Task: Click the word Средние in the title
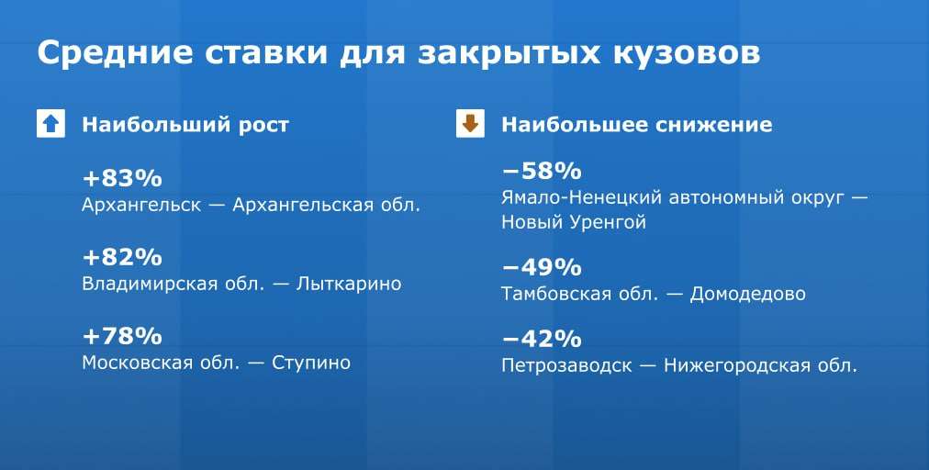pyautogui.click(x=116, y=53)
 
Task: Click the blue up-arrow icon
pyautogui.click(x=51, y=124)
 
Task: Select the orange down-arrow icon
pyautogui.click(x=470, y=123)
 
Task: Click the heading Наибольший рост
pyautogui.click(x=185, y=125)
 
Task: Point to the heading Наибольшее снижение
pyautogui.click(x=637, y=125)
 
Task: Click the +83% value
pyautogui.click(x=122, y=178)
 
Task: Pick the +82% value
pyautogui.click(x=122, y=257)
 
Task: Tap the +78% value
pyautogui.click(x=122, y=336)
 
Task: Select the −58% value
pyautogui.click(x=543, y=172)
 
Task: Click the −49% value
pyautogui.click(x=543, y=267)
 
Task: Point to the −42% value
pyautogui.click(x=543, y=339)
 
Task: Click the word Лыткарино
pyautogui.click(x=349, y=284)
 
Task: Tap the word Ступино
pyautogui.click(x=311, y=363)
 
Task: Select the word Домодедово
pyautogui.click(x=748, y=294)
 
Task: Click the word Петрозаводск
pyautogui.click(x=567, y=365)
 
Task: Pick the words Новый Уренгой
pyautogui.click(x=574, y=223)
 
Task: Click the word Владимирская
pyautogui.click(x=150, y=284)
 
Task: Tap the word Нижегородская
pyautogui.click(x=737, y=365)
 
